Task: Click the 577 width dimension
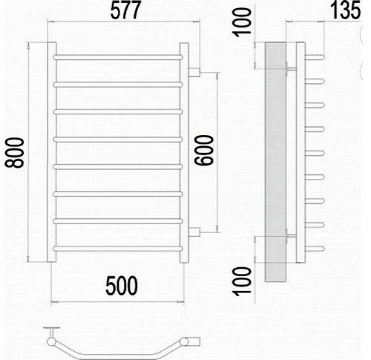[125, 10]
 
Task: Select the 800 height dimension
[15, 153]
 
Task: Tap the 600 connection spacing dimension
[203, 150]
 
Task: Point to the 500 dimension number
[122, 286]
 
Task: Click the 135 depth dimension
[346, 10]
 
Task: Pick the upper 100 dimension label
[243, 22]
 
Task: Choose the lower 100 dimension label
[243, 281]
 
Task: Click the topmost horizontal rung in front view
[118, 57]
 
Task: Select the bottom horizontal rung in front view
[118, 249]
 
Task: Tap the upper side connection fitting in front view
[194, 72]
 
